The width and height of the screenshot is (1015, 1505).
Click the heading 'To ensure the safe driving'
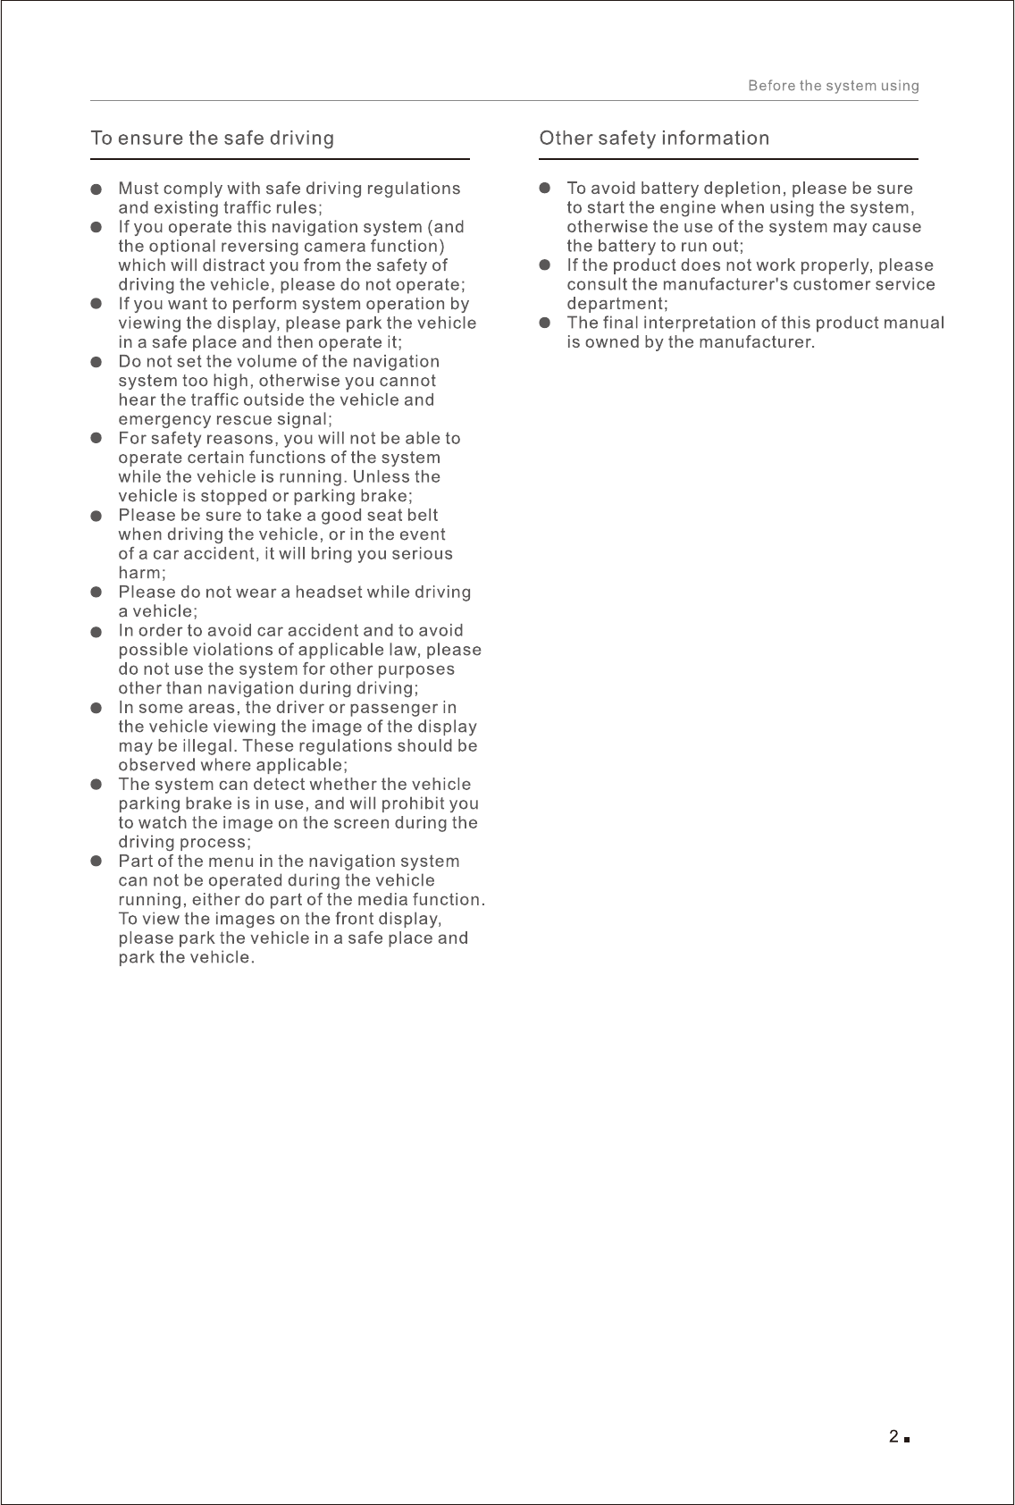click(x=213, y=139)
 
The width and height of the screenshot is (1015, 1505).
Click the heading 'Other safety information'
click(x=654, y=139)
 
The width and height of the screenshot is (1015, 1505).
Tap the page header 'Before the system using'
click(x=833, y=86)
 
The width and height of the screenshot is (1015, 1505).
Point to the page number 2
click(x=893, y=1437)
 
